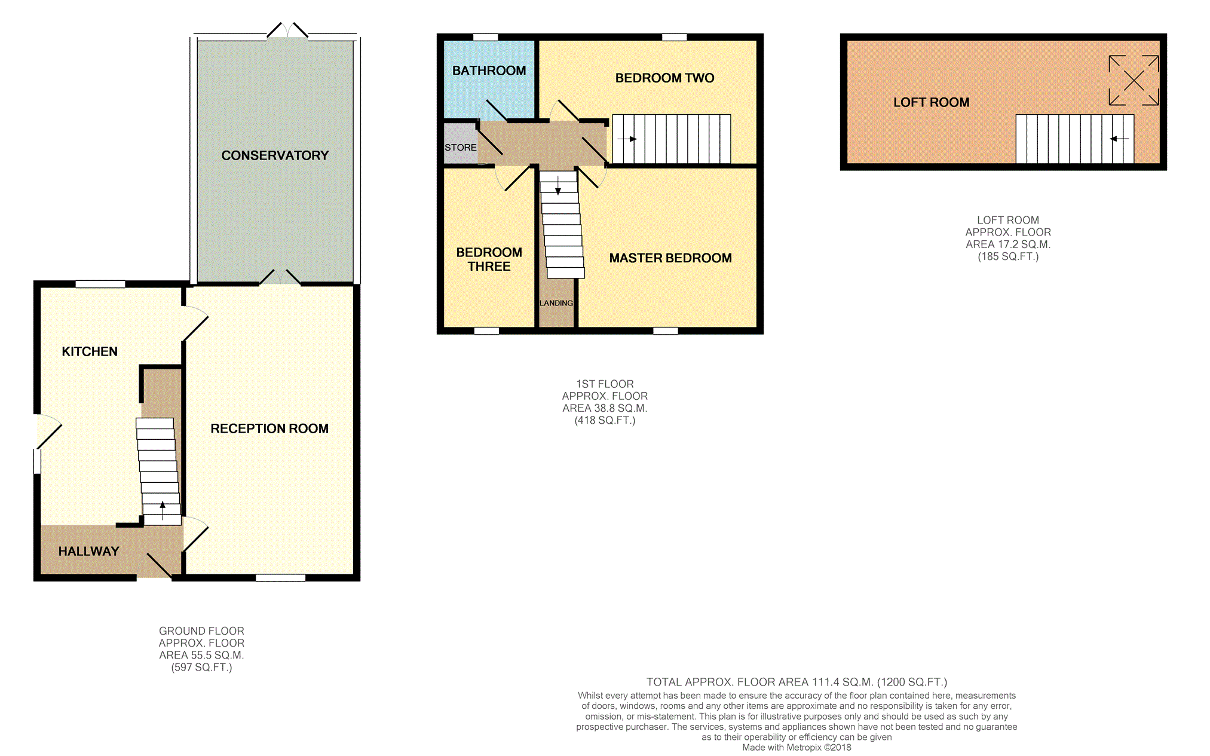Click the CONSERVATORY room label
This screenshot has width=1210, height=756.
275,155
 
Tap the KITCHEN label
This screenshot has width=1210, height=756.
90,351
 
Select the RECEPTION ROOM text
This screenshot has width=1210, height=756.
269,428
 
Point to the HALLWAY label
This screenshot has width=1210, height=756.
88,551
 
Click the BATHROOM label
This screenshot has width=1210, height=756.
489,71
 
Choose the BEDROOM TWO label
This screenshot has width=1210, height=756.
664,78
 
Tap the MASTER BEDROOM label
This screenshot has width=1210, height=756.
670,258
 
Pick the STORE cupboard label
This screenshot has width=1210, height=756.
460,148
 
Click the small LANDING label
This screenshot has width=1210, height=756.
556,303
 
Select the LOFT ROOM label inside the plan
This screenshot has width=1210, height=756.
931,102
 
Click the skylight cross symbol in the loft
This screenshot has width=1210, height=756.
1134,80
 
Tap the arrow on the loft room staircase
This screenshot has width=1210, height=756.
1119,139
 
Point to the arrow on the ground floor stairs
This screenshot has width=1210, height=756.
163,510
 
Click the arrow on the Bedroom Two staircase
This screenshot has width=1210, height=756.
627,139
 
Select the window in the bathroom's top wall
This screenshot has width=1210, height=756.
485,37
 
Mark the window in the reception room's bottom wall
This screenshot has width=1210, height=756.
280,578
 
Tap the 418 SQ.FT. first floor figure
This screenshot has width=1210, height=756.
605,420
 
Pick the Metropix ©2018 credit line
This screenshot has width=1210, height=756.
797,747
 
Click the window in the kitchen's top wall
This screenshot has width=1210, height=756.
100,284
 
